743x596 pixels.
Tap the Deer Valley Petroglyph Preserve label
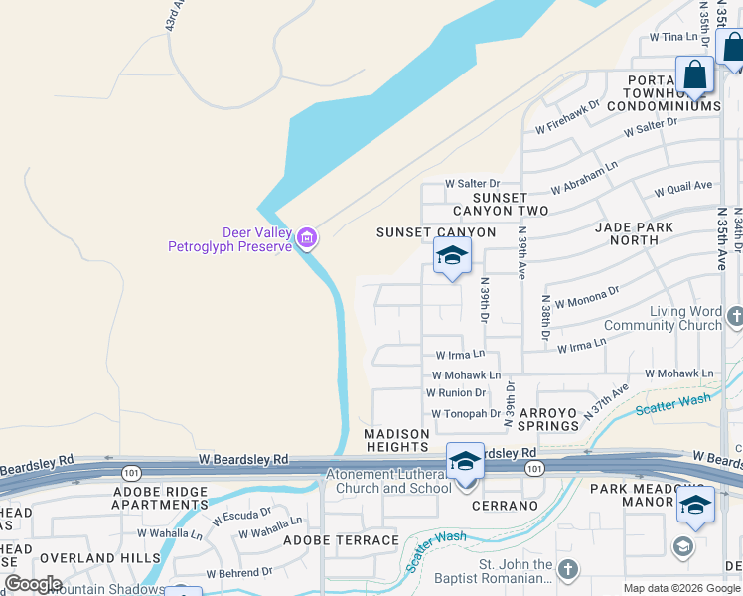(x=230, y=239)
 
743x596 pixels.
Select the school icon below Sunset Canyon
(x=452, y=257)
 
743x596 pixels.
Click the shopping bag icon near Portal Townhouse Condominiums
(x=695, y=75)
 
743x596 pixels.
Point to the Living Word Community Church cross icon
(x=734, y=317)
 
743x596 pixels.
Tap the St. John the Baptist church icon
(x=567, y=569)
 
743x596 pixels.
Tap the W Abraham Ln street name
(x=583, y=177)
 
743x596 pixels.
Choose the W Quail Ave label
(x=683, y=186)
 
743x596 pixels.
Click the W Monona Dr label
(x=586, y=296)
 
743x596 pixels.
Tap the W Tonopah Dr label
(x=466, y=414)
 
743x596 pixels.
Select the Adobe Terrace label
(x=341, y=540)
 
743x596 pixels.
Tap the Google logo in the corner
(x=33, y=584)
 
